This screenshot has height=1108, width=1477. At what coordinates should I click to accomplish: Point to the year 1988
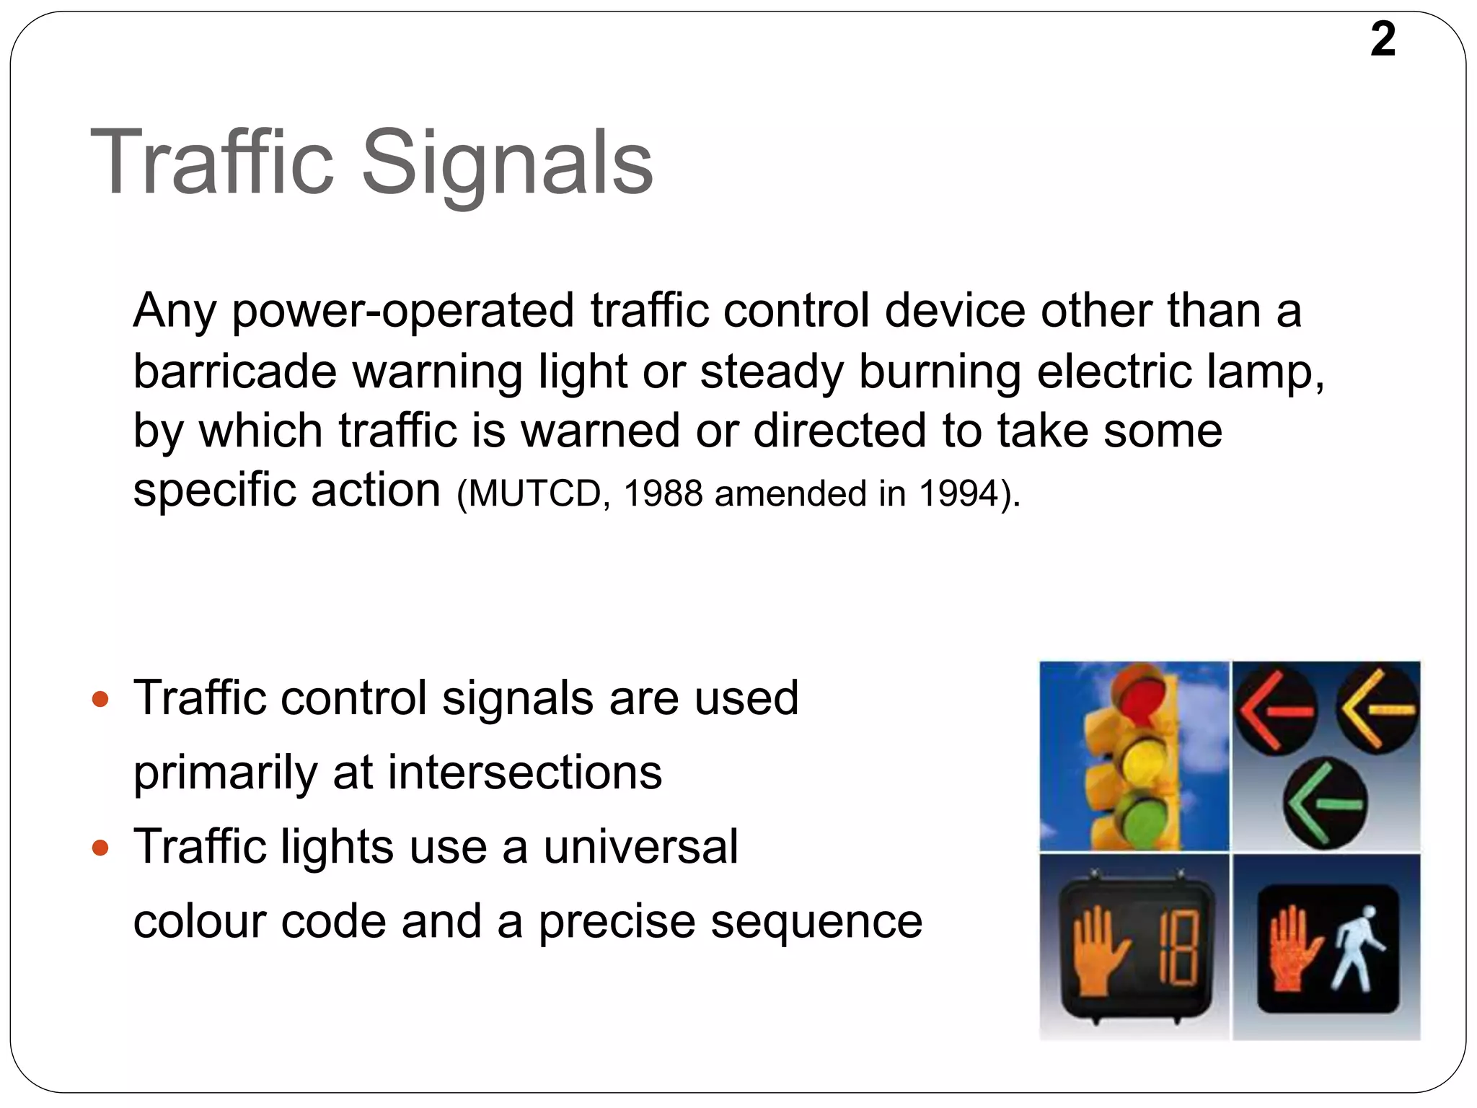point(662,494)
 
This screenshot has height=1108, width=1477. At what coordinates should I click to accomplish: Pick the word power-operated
point(403,312)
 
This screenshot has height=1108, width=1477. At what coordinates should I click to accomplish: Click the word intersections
point(524,773)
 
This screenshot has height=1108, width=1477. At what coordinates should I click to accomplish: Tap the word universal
point(640,847)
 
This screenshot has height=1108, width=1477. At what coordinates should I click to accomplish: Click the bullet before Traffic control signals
point(100,699)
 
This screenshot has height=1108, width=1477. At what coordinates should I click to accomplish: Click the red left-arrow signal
point(1275,710)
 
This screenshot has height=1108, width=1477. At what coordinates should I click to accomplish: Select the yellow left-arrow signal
point(1377,708)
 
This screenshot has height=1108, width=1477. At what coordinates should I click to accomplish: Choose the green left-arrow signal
point(1326,803)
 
